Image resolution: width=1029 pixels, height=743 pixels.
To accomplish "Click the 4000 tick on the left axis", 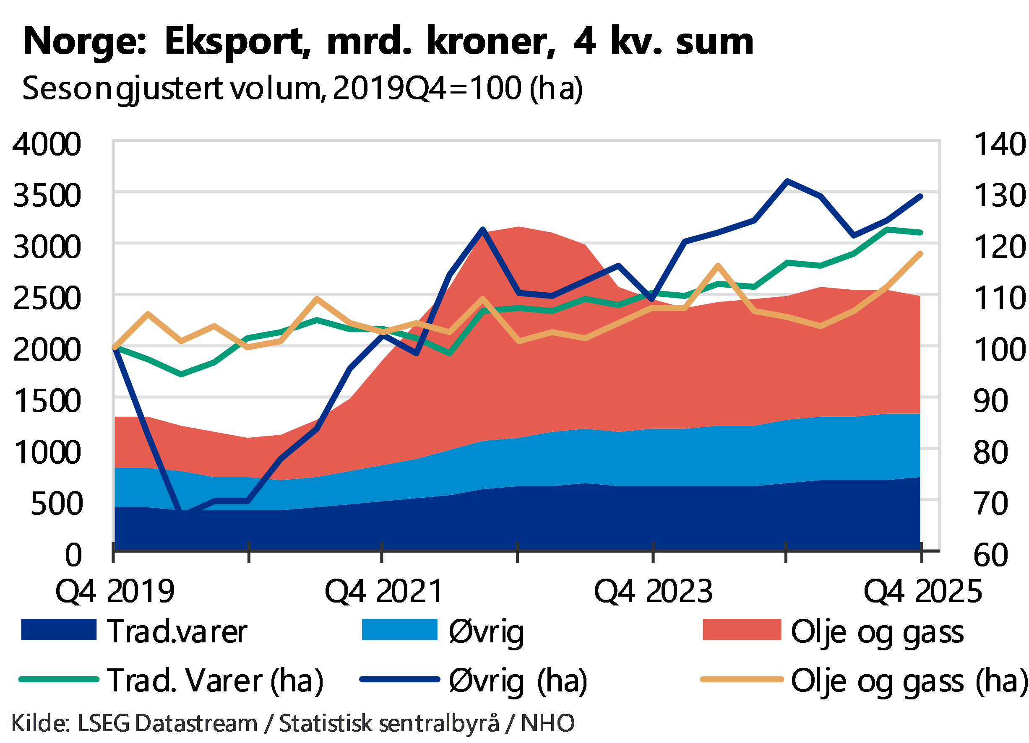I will [47, 145].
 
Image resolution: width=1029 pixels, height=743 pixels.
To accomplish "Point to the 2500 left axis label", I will [47, 298].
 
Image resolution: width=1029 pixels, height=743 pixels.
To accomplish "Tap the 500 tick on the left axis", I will [56, 503].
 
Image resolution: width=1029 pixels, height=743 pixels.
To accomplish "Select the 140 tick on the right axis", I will [1000, 145].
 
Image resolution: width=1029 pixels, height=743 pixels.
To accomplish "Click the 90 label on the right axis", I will [991, 400].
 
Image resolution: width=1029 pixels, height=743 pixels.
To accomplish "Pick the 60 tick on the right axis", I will [991, 554].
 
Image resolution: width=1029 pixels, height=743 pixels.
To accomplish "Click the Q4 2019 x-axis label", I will [115, 591].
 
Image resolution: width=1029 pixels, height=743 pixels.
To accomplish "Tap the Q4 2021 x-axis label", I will [383, 591].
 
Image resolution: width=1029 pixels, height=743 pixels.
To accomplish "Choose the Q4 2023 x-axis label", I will [653, 591].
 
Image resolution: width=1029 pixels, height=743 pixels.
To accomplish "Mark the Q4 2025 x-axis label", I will [922, 591].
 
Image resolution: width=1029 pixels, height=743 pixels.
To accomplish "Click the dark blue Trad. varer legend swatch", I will [59, 630].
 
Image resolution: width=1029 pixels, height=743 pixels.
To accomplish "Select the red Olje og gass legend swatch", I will [742, 630].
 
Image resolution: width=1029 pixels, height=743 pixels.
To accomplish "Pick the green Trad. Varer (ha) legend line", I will [59, 679].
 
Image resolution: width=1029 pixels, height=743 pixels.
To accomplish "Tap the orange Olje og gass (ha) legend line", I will [742, 679].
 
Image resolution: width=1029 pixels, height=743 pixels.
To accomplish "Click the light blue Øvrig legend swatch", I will [399, 630].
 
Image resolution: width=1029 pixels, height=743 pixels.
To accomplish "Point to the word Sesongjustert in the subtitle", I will [122, 88].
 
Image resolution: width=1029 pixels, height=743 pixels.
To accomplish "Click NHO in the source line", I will [547, 722].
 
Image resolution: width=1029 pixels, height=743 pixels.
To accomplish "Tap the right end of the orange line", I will [921, 253].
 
